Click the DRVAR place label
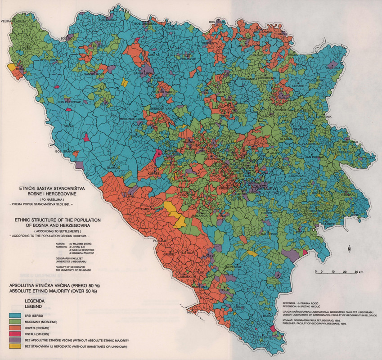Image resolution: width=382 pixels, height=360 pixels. point(68,127)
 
